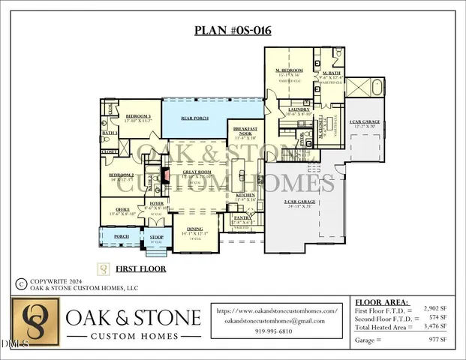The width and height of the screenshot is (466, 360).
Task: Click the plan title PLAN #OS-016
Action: (x=233, y=31)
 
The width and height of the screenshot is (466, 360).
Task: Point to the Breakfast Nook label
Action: (x=246, y=130)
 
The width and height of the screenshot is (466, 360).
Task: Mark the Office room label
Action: (x=124, y=209)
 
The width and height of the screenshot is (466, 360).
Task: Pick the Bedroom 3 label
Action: (x=138, y=116)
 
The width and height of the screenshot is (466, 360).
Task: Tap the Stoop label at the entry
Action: (x=156, y=237)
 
